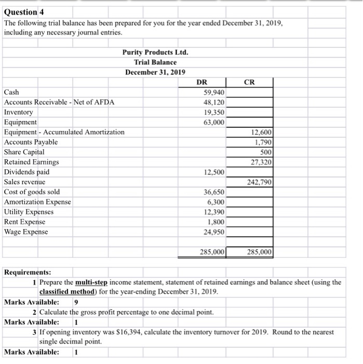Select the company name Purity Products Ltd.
[155, 53]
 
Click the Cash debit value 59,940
[213, 92]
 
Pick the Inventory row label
[18, 112]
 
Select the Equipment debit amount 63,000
[213, 122]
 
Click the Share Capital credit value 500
[264, 152]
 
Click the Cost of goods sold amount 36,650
[213, 192]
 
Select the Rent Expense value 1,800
[216, 222]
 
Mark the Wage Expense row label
[25, 232]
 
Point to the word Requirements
[28, 272]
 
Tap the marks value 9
[76, 302]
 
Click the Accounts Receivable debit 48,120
[213, 102]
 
